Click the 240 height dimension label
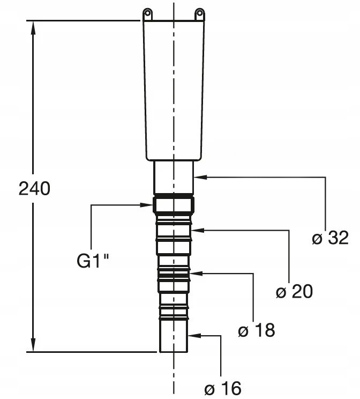[x=35, y=189]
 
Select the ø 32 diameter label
[x=330, y=238]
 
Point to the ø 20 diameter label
[x=294, y=291]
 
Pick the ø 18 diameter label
[x=257, y=330]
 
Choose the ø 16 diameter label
[x=223, y=388]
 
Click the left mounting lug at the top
[x=148, y=14]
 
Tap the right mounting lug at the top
[x=200, y=14]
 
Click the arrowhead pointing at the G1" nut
[x=146, y=204]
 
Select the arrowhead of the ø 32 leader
[x=200, y=177]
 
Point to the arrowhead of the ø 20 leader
[x=198, y=230]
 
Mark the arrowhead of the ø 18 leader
[x=196, y=274]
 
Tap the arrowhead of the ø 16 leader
[x=195, y=335]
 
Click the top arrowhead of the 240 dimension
[x=33, y=28]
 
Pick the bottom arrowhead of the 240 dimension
[x=33, y=344]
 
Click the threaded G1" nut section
[x=174, y=204]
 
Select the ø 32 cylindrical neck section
[x=174, y=178]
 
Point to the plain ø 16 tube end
[x=174, y=335]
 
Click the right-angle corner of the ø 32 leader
[x=325, y=177]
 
